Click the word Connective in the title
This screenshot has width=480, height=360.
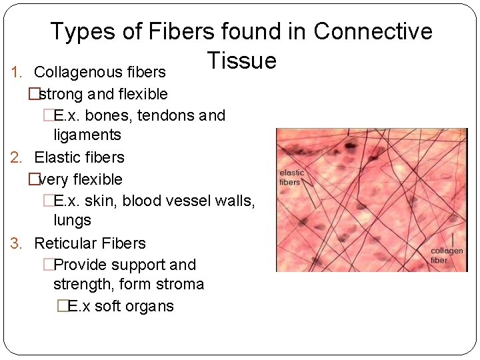click(373, 31)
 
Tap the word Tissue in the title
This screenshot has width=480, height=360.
click(241, 61)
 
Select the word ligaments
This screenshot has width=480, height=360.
click(87, 135)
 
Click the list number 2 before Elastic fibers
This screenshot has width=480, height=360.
click(17, 157)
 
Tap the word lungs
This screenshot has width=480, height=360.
click(72, 220)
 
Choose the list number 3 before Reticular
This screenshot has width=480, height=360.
click(17, 243)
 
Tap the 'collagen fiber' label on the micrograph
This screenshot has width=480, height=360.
click(447, 255)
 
